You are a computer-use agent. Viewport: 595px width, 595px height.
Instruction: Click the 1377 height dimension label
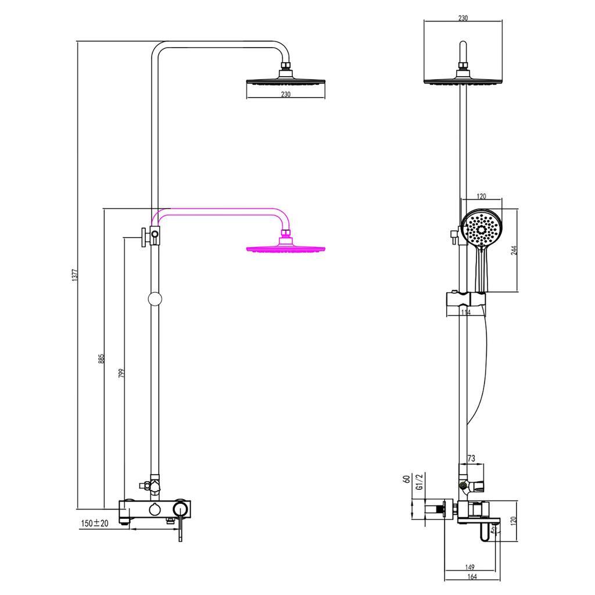click(x=74, y=276)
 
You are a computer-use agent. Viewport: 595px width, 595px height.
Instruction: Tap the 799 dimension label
click(x=121, y=373)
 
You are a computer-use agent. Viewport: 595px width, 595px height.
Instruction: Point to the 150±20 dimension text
click(x=94, y=524)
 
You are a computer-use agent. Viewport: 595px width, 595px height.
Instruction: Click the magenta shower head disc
click(x=284, y=249)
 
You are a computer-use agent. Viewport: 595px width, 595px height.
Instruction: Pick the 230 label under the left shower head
click(x=285, y=94)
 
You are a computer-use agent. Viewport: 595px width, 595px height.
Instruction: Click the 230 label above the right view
click(x=463, y=18)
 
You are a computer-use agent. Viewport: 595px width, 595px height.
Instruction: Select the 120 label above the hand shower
click(x=481, y=197)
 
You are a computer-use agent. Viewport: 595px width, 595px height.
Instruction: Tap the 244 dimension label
click(x=514, y=250)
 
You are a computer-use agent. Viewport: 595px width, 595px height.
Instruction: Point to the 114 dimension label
click(x=465, y=312)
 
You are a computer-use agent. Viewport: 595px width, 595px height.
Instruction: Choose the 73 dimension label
click(x=471, y=458)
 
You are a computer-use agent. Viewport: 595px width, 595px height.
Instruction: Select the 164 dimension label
click(x=472, y=576)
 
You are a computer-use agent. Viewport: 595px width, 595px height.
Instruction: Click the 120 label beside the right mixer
click(x=513, y=520)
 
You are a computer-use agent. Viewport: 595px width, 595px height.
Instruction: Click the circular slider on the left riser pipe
click(x=155, y=299)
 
